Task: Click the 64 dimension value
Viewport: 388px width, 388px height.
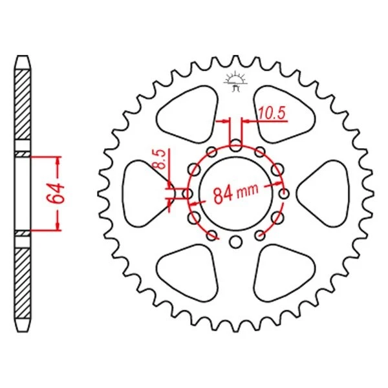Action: click(58, 193)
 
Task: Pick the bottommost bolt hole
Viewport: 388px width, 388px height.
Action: click(235, 242)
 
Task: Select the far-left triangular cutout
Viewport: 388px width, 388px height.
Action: click(144, 192)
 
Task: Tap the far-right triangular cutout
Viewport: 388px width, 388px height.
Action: click(327, 192)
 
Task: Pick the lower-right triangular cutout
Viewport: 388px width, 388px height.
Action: click(283, 274)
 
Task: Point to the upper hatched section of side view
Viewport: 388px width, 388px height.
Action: click(23, 103)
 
